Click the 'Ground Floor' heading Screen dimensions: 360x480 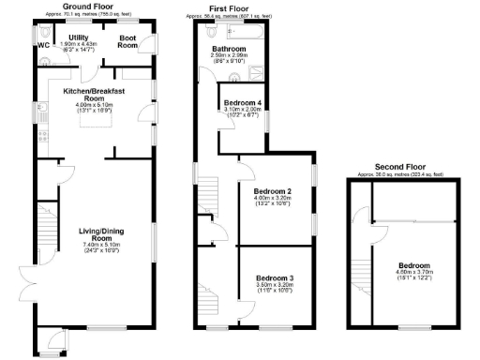click(x=96, y=7)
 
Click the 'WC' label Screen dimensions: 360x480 click(x=43, y=44)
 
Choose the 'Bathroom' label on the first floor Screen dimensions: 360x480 click(x=229, y=47)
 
